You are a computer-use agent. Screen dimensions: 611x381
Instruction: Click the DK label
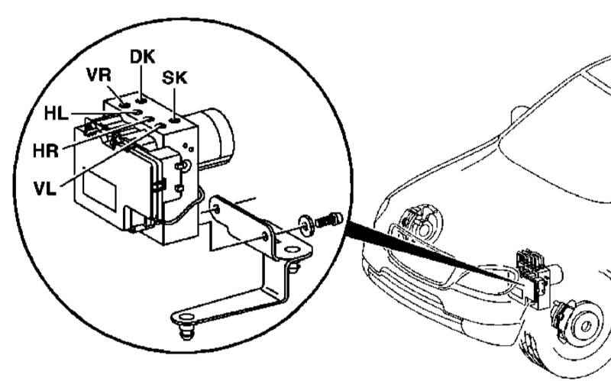tap(142, 57)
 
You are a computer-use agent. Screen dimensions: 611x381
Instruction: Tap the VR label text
tap(99, 75)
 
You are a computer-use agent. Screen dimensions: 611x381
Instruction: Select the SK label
tap(175, 78)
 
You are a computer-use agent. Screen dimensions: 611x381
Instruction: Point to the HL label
tap(56, 114)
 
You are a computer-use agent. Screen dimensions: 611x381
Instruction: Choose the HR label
tap(46, 150)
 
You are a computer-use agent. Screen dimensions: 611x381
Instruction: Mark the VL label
tap(45, 189)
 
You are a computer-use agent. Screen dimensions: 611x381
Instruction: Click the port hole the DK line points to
tap(141, 102)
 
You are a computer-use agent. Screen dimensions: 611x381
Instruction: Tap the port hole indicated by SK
tap(174, 120)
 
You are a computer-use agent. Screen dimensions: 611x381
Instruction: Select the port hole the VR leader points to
tap(124, 105)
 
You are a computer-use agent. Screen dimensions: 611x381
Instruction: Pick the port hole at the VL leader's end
tap(160, 126)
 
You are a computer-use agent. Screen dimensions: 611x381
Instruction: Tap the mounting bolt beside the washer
tap(329, 220)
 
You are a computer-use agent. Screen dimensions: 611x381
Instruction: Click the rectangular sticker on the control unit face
tap(100, 192)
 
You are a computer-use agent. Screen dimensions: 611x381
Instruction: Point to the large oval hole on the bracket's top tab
tap(291, 250)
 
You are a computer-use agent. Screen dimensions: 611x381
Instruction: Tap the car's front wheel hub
tap(584, 327)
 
